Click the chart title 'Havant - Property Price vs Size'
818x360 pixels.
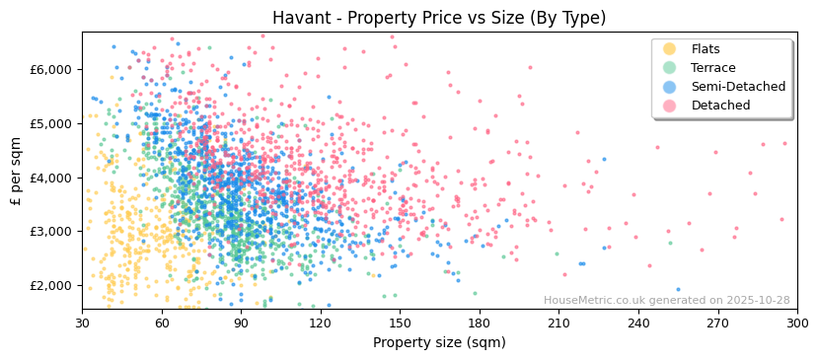[439, 18]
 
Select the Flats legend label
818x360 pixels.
[706, 49]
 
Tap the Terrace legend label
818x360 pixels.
[713, 68]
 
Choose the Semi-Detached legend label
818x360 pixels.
[738, 87]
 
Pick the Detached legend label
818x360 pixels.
[720, 106]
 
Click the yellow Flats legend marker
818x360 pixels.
[669, 49]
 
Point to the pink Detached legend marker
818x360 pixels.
[669, 106]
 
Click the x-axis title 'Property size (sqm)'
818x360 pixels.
[439, 343]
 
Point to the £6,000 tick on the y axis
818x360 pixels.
[52, 69]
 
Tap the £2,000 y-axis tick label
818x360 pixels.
[52, 285]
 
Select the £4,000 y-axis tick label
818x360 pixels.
[52, 178]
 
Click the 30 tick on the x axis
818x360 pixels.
[82, 323]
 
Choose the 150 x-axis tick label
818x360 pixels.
[400, 323]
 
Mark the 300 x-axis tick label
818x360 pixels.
[796, 323]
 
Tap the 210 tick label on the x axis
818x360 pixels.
[558, 323]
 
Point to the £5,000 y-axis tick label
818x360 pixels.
[52, 123]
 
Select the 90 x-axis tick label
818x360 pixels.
[241, 323]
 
